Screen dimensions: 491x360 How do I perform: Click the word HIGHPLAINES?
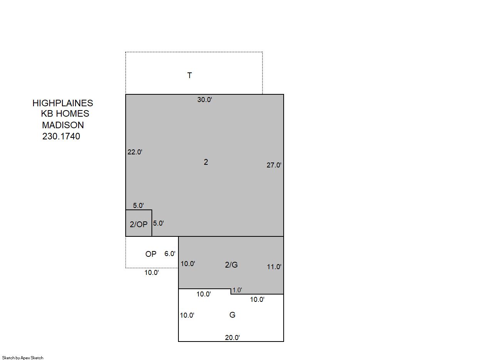click(x=63, y=103)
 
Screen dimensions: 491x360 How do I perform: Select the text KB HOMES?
click(x=65, y=114)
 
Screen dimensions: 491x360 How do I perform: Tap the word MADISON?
click(x=63, y=125)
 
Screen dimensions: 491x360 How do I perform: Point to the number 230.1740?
click(x=61, y=136)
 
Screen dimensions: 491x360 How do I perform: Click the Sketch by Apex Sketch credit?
click(x=23, y=358)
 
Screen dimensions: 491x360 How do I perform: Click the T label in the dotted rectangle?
click(x=190, y=75)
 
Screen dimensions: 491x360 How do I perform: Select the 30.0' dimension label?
click(x=205, y=100)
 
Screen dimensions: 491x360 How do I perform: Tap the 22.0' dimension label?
click(x=135, y=152)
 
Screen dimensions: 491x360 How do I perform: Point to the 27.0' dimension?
click(x=274, y=165)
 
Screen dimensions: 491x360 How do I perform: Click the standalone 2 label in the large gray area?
click(x=206, y=162)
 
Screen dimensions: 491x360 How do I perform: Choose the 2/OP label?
click(x=138, y=224)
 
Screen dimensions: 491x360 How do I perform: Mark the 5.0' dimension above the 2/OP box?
click(x=138, y=205)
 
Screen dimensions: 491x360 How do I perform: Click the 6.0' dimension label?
click(x=170, y=254)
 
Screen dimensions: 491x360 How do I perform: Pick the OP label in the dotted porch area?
click(x=151, y=254)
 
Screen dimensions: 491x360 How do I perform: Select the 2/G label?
click(x=231, y=265)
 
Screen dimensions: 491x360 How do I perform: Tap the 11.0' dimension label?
click(x=274, y=267)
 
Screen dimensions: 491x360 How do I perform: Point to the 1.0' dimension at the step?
click(x=237, y=290)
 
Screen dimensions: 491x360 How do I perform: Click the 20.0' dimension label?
click(x=232, y=337)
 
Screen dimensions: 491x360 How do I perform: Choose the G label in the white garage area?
click(x=232, y=315)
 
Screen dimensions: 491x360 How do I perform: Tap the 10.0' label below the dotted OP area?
click(x=151, y=273)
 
